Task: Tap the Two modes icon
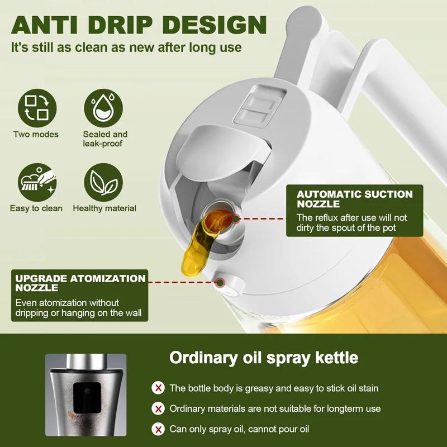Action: (x=36, y=108)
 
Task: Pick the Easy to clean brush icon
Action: (x=36, y=182)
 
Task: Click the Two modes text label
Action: (x=36, y=134)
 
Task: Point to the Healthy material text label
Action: (x=104, y=208)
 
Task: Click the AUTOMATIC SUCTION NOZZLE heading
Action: (x=354, y=199)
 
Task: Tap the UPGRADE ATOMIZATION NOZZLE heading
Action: (x=80, y=283)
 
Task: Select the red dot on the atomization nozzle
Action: (x=220, y=283)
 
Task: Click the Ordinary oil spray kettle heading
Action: (x=264, y=358)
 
